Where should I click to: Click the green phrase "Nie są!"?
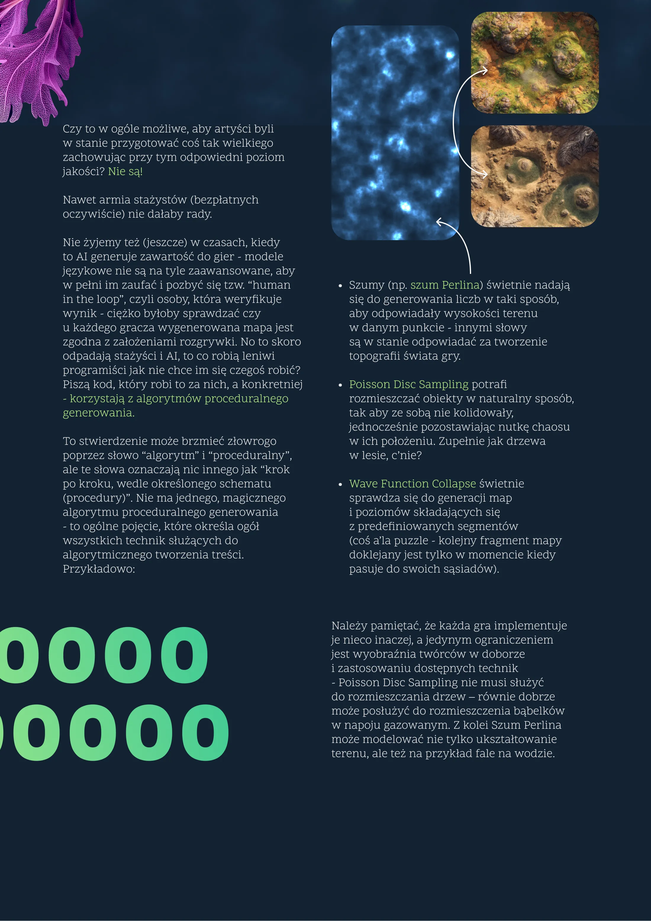click(x=125, y=171)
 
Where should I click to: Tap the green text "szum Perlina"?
click(x=445, y=285)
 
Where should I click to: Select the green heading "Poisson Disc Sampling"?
click(x=409, y=384)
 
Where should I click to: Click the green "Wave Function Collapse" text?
click(x=412, y=484)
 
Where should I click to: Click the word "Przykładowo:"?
click(x=99, y=569)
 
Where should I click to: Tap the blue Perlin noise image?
click(x=395, y=133)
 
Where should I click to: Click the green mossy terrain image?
click(x=535, y=63)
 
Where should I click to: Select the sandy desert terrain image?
click(x=535, y=177)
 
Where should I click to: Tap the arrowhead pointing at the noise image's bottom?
click(x=439, y=222)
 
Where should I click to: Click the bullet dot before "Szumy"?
click(x=340, y=286)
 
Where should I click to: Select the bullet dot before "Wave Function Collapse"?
click(x=340, y=484)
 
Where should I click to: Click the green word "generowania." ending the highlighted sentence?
click(x=99, y=413)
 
